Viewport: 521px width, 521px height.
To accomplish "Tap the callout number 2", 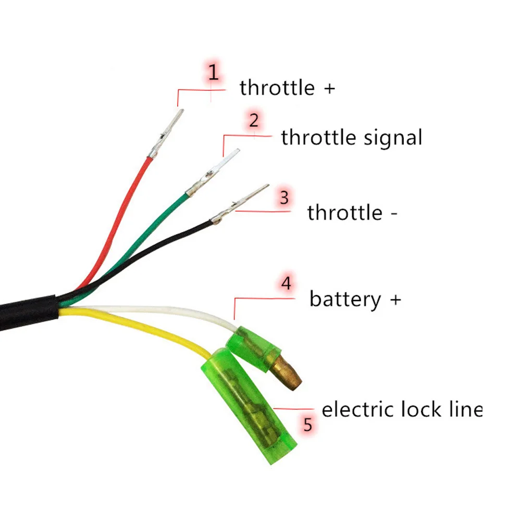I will (x=253, y=120).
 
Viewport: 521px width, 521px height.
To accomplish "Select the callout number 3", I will (x=284, y=198).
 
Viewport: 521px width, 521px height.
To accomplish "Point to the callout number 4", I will (x=286, y=284).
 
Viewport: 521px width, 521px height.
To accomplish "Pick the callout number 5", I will (x=308, y=425).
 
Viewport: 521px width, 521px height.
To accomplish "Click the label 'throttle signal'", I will (x=351, y=138).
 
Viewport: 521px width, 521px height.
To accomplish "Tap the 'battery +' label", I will (x=355, y=300).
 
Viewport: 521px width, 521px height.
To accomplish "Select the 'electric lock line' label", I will (x=401, y=410).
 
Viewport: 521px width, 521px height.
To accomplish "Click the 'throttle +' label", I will (x=287, y=88).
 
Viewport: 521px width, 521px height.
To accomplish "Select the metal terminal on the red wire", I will (x=166, y=133).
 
